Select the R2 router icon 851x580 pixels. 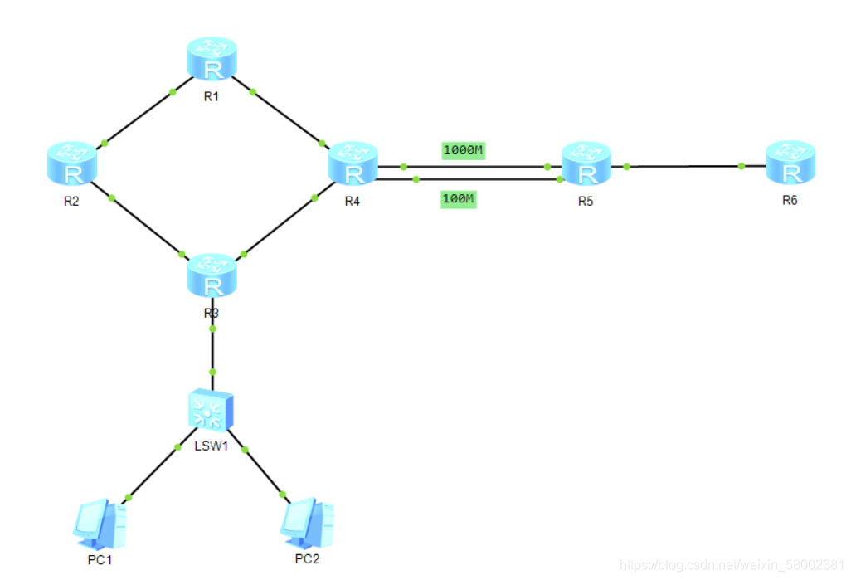[x=72, y=163]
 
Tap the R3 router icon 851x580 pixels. [x=213, y=277]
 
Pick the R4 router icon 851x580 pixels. [x=353, y=163]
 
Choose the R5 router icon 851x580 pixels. [x=586, y=163]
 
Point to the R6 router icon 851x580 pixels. [x=790, y=163]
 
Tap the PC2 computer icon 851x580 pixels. [x=306, y=521]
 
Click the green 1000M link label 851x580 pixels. [x=463, y=150]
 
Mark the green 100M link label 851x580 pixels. [x=458, y=199]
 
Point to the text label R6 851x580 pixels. [x=790, y=202]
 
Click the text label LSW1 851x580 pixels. [x=211, y=446]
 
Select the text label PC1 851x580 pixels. [x=100, y=560]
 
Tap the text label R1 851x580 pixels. [x=211, y=96]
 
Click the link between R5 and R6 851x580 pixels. [x=684, y=166]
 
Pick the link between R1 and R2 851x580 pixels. [x=139, y=117]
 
